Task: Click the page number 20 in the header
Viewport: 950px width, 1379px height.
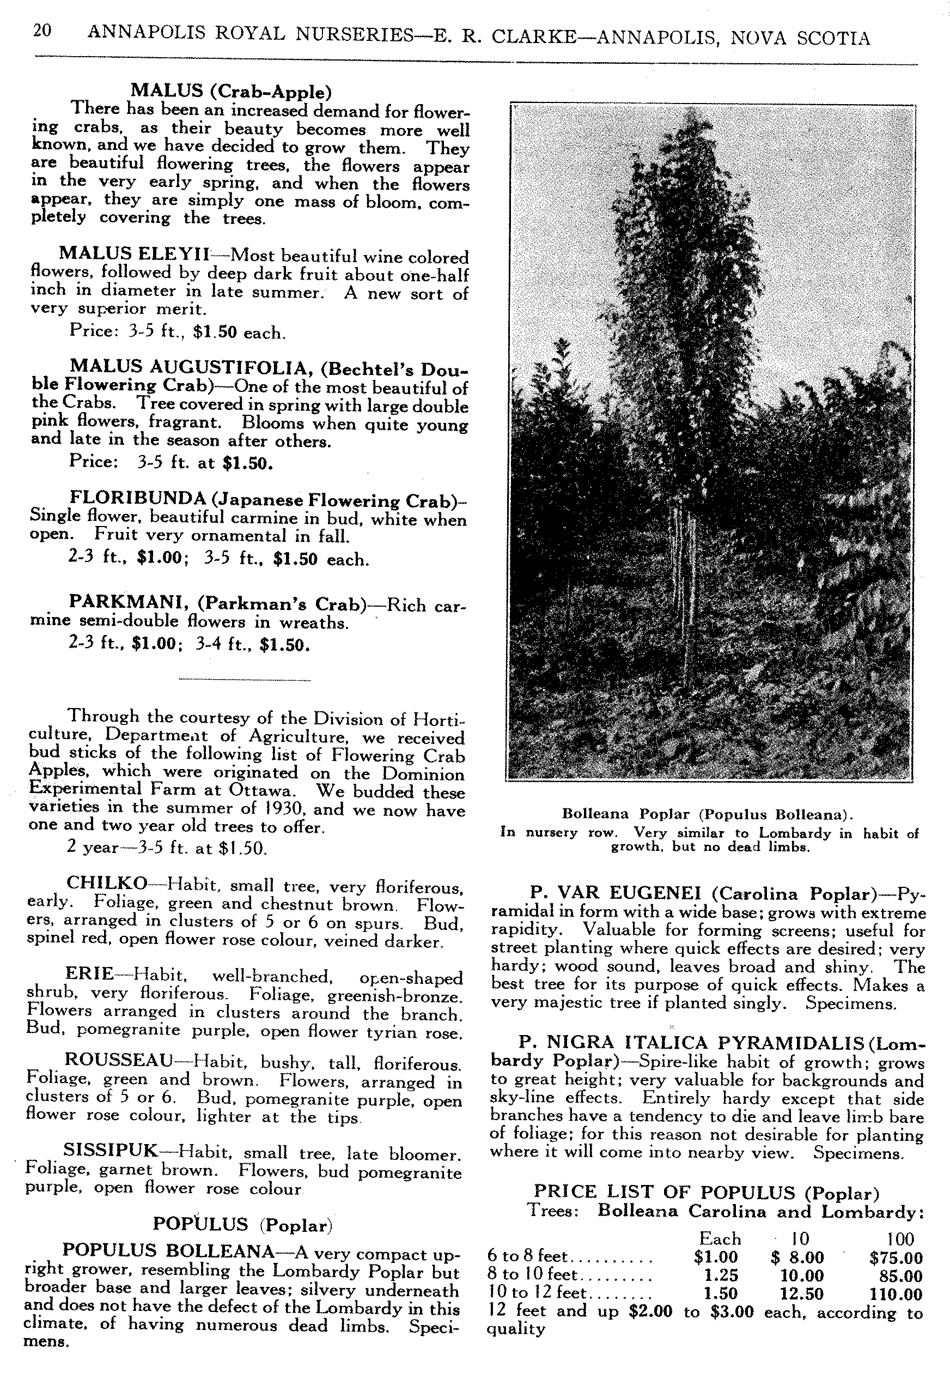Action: (x=42, y=31)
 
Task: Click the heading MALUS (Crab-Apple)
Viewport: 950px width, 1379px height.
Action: (x=231, y=91)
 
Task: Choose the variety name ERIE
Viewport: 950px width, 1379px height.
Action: (x=89, y=973)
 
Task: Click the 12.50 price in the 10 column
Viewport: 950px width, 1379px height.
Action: (x=802, y=1294)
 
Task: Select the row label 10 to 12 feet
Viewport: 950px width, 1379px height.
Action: (x=538, y=1293)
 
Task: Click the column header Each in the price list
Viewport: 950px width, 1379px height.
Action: (x=720, y=1239)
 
